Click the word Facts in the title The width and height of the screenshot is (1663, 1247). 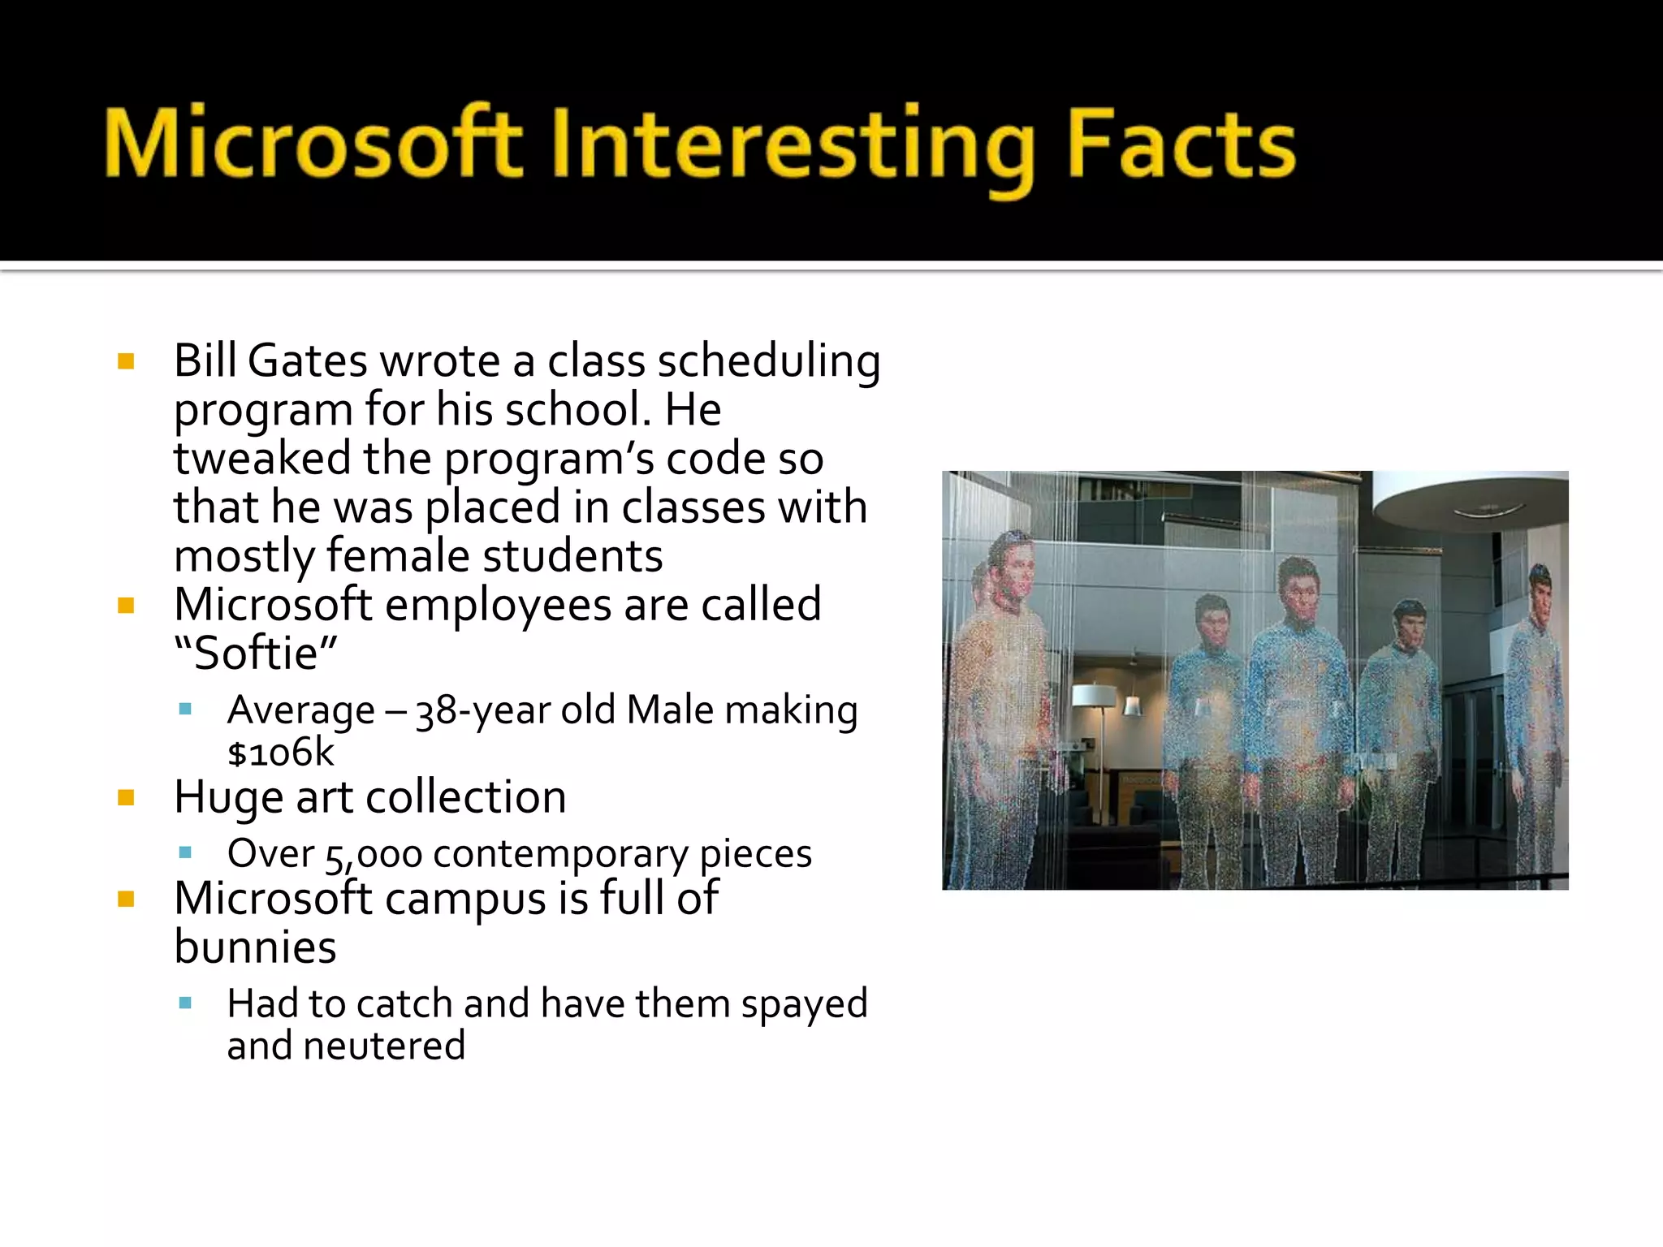click(x=1181, y=146)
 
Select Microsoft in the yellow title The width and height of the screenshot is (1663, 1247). click(x=313, y=145)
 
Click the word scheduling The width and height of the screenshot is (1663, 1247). click(x=768, y=363)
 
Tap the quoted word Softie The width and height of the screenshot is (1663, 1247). click(x=256, y=654)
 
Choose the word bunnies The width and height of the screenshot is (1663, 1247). click(x=255, y=947)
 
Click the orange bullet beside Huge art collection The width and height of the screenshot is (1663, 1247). click(x=126, y=798)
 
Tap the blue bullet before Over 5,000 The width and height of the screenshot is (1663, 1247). click(x=185, y=853)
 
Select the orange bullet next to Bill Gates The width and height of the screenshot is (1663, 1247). click(x=126, y=361)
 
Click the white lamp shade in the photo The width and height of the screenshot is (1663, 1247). click(x=1095, y=695)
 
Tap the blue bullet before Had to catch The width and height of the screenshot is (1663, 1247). click(x=185, y=1003)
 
